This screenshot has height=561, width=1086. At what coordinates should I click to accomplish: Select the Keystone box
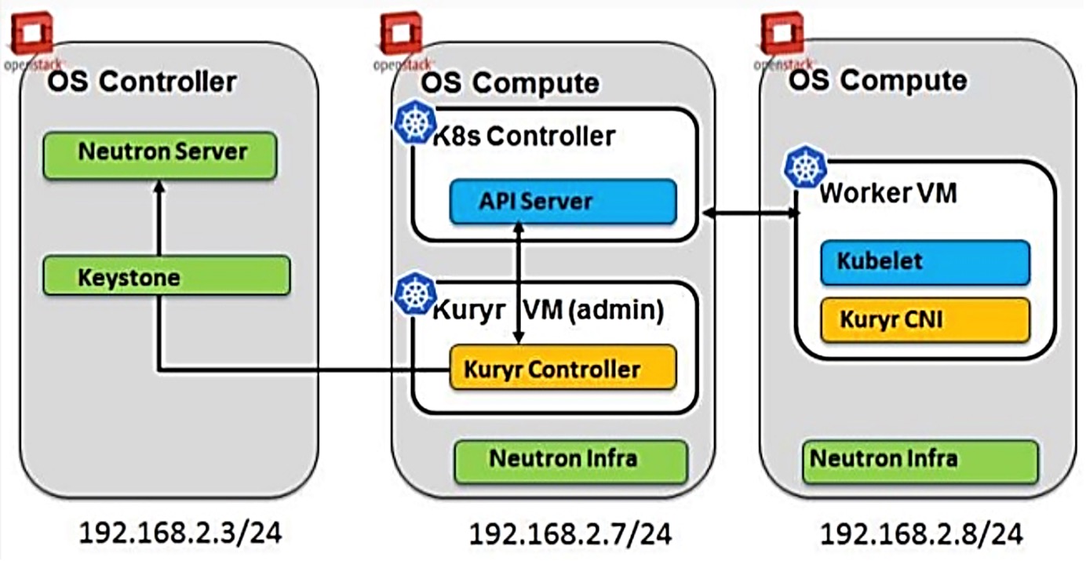[166, 276]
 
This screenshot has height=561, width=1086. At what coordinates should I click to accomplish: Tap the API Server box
[562, 202]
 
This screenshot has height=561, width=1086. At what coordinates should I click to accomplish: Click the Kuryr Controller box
[562, 367]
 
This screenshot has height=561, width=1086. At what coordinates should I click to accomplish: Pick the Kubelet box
[924, 261]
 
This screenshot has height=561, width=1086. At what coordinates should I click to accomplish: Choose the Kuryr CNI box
[924, 320]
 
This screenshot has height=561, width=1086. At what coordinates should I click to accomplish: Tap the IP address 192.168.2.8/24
[921, 534]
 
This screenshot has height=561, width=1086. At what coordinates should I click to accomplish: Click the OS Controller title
[142, 81]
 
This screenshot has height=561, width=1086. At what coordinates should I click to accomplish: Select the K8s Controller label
[524, 137]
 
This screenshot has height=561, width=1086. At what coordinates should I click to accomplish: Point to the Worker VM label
[887, 194]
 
